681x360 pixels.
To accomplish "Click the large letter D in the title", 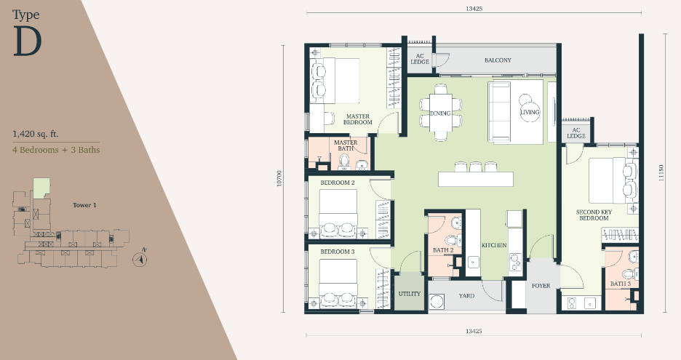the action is [x=28, y=41].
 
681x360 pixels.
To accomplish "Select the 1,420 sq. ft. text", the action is [x=35, y=134].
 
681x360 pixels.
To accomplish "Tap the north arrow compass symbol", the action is [x=140, y=259].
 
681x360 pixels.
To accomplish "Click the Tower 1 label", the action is [x=84, y=205].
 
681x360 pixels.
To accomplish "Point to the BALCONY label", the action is [x=498, y=60].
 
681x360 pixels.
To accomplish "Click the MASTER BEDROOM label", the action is [x=358, y=119].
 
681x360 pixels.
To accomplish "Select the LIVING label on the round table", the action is [x=530, y=112].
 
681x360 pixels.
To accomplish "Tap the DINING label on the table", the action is [x=440, y=113].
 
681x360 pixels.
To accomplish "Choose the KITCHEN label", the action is [x=494, y=245].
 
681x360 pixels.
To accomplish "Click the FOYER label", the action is [x=541, y=286].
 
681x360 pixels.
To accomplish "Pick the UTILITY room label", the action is [x=410, y=294].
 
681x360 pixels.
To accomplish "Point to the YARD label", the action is [x=466, y=296].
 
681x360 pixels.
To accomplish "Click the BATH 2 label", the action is [x=443, y=250].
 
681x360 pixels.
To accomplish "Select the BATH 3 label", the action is [x=620, y=284].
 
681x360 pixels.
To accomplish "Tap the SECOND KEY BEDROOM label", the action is [x=594, y=215].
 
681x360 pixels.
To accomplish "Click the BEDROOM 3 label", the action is [x=338, y=252].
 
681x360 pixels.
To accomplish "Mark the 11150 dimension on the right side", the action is [x=661, y=173].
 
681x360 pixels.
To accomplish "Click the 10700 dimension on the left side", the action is [x=279, y=178].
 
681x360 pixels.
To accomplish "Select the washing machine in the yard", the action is [x=437, y=302].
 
